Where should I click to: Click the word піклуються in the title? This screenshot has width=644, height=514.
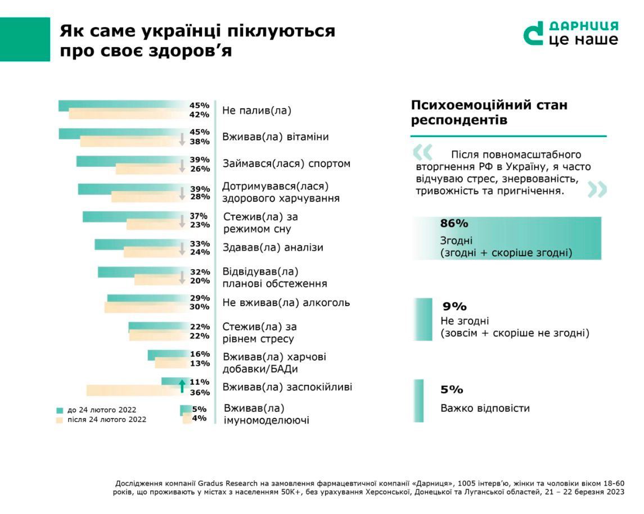pos(284,31)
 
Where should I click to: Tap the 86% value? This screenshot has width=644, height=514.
pos(454,224)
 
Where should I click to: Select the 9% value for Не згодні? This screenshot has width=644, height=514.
pos(454,307)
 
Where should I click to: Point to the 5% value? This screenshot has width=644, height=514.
pos(452,390)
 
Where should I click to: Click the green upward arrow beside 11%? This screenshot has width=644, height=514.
pos(182,385)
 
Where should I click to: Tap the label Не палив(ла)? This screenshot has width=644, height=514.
pos(257,111)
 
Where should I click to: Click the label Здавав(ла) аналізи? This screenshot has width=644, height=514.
pos(273,248)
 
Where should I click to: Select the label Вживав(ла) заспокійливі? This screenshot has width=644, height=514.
pos(287,387)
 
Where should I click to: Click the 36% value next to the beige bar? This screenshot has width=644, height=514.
pos(200,393)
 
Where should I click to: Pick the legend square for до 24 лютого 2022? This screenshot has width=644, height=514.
pos(60,410)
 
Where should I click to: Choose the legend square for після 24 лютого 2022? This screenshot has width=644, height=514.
pos(60,420)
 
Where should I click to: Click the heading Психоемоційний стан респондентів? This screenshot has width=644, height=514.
pos(489,113)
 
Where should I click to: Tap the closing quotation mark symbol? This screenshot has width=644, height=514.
pos(597,189)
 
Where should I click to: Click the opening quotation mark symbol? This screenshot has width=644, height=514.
pos(422,152)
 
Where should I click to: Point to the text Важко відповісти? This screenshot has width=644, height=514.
pos(485,408)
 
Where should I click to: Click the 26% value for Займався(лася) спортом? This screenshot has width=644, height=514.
pos(200,169)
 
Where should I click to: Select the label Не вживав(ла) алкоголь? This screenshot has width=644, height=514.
pos(286,303)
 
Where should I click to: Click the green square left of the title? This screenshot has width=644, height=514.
pos(25,39)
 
